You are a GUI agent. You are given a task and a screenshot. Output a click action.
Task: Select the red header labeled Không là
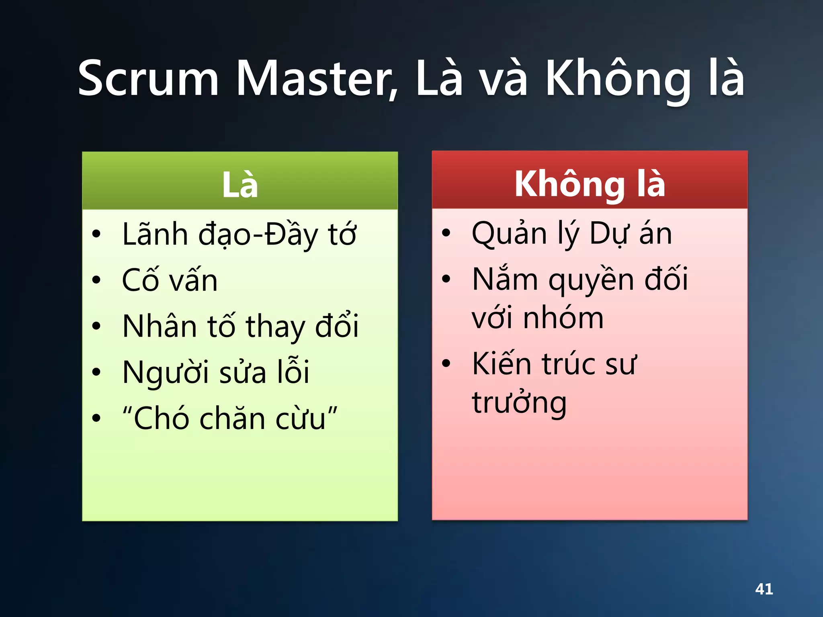(x=590, y=184)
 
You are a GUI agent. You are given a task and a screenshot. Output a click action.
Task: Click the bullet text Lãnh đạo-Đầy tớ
(x=239, y=234)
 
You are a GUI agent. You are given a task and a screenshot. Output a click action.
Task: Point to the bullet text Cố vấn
(x=170, y=280)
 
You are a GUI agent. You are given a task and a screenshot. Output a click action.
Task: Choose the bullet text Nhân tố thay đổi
(x=240, y=326)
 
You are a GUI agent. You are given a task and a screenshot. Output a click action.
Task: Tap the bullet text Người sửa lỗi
(x=216, y=372)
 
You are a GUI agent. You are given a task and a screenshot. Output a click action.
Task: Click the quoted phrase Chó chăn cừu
(x=230, y=418)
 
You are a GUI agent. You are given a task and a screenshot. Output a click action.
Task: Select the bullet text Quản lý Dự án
(x=571, y=233)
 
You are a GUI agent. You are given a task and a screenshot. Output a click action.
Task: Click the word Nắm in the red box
(x=505, y=279)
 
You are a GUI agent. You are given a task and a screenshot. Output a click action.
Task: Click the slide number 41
(x=764, y=589)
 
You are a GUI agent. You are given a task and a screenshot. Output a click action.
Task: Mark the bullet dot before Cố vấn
(x=96, y=280)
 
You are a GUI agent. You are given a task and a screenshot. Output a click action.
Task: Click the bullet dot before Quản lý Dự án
(x=446, y=233)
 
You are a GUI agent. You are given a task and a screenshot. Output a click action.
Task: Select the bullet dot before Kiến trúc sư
(x=446, y=364)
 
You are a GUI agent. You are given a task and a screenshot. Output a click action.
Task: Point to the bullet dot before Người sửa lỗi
(x=96, y=372)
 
